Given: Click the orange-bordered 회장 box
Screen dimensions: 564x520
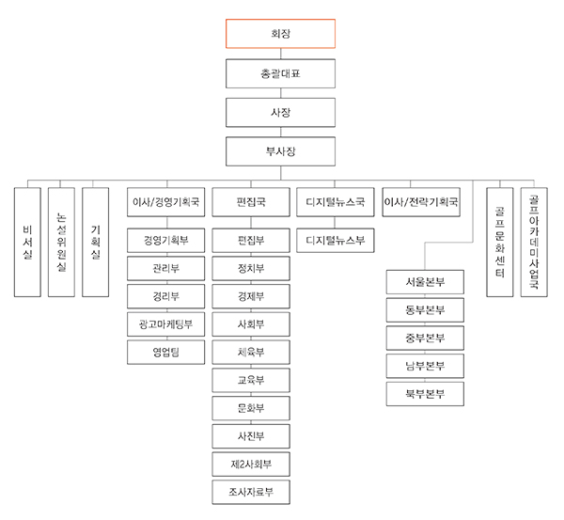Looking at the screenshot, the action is point(280,34).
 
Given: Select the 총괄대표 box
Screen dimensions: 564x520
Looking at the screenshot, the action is point(280,73).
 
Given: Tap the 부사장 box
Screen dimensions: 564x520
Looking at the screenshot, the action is point(280,151).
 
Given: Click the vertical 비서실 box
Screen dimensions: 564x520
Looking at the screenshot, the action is point(27,243).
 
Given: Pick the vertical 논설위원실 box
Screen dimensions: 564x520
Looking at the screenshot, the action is point(61,243).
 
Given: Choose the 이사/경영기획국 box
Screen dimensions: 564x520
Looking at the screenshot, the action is point(165,202).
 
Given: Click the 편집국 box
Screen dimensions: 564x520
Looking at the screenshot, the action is point(251,202).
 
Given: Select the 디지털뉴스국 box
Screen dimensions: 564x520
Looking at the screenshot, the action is point(336,202).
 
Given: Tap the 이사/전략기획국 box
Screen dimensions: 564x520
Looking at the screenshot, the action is point(421,202).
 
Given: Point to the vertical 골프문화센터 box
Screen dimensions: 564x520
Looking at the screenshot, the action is point(500,243).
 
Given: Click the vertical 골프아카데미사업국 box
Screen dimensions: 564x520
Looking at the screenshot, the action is point(534,243).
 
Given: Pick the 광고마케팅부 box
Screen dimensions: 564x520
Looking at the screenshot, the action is point(165,324).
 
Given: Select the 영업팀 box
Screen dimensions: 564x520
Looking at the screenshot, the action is point(165,353).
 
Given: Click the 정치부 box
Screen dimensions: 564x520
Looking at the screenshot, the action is point(251,268).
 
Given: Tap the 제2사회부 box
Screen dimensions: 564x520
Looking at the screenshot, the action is point(251,465).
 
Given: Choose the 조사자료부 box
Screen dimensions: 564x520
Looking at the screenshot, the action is point(251,492).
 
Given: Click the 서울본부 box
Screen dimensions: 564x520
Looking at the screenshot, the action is point(425,282).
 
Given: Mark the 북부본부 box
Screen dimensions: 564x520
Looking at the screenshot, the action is point(425,394).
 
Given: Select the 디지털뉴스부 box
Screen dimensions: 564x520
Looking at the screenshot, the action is point(336,241).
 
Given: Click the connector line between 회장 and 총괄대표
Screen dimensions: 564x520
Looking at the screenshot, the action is point(280,54).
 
